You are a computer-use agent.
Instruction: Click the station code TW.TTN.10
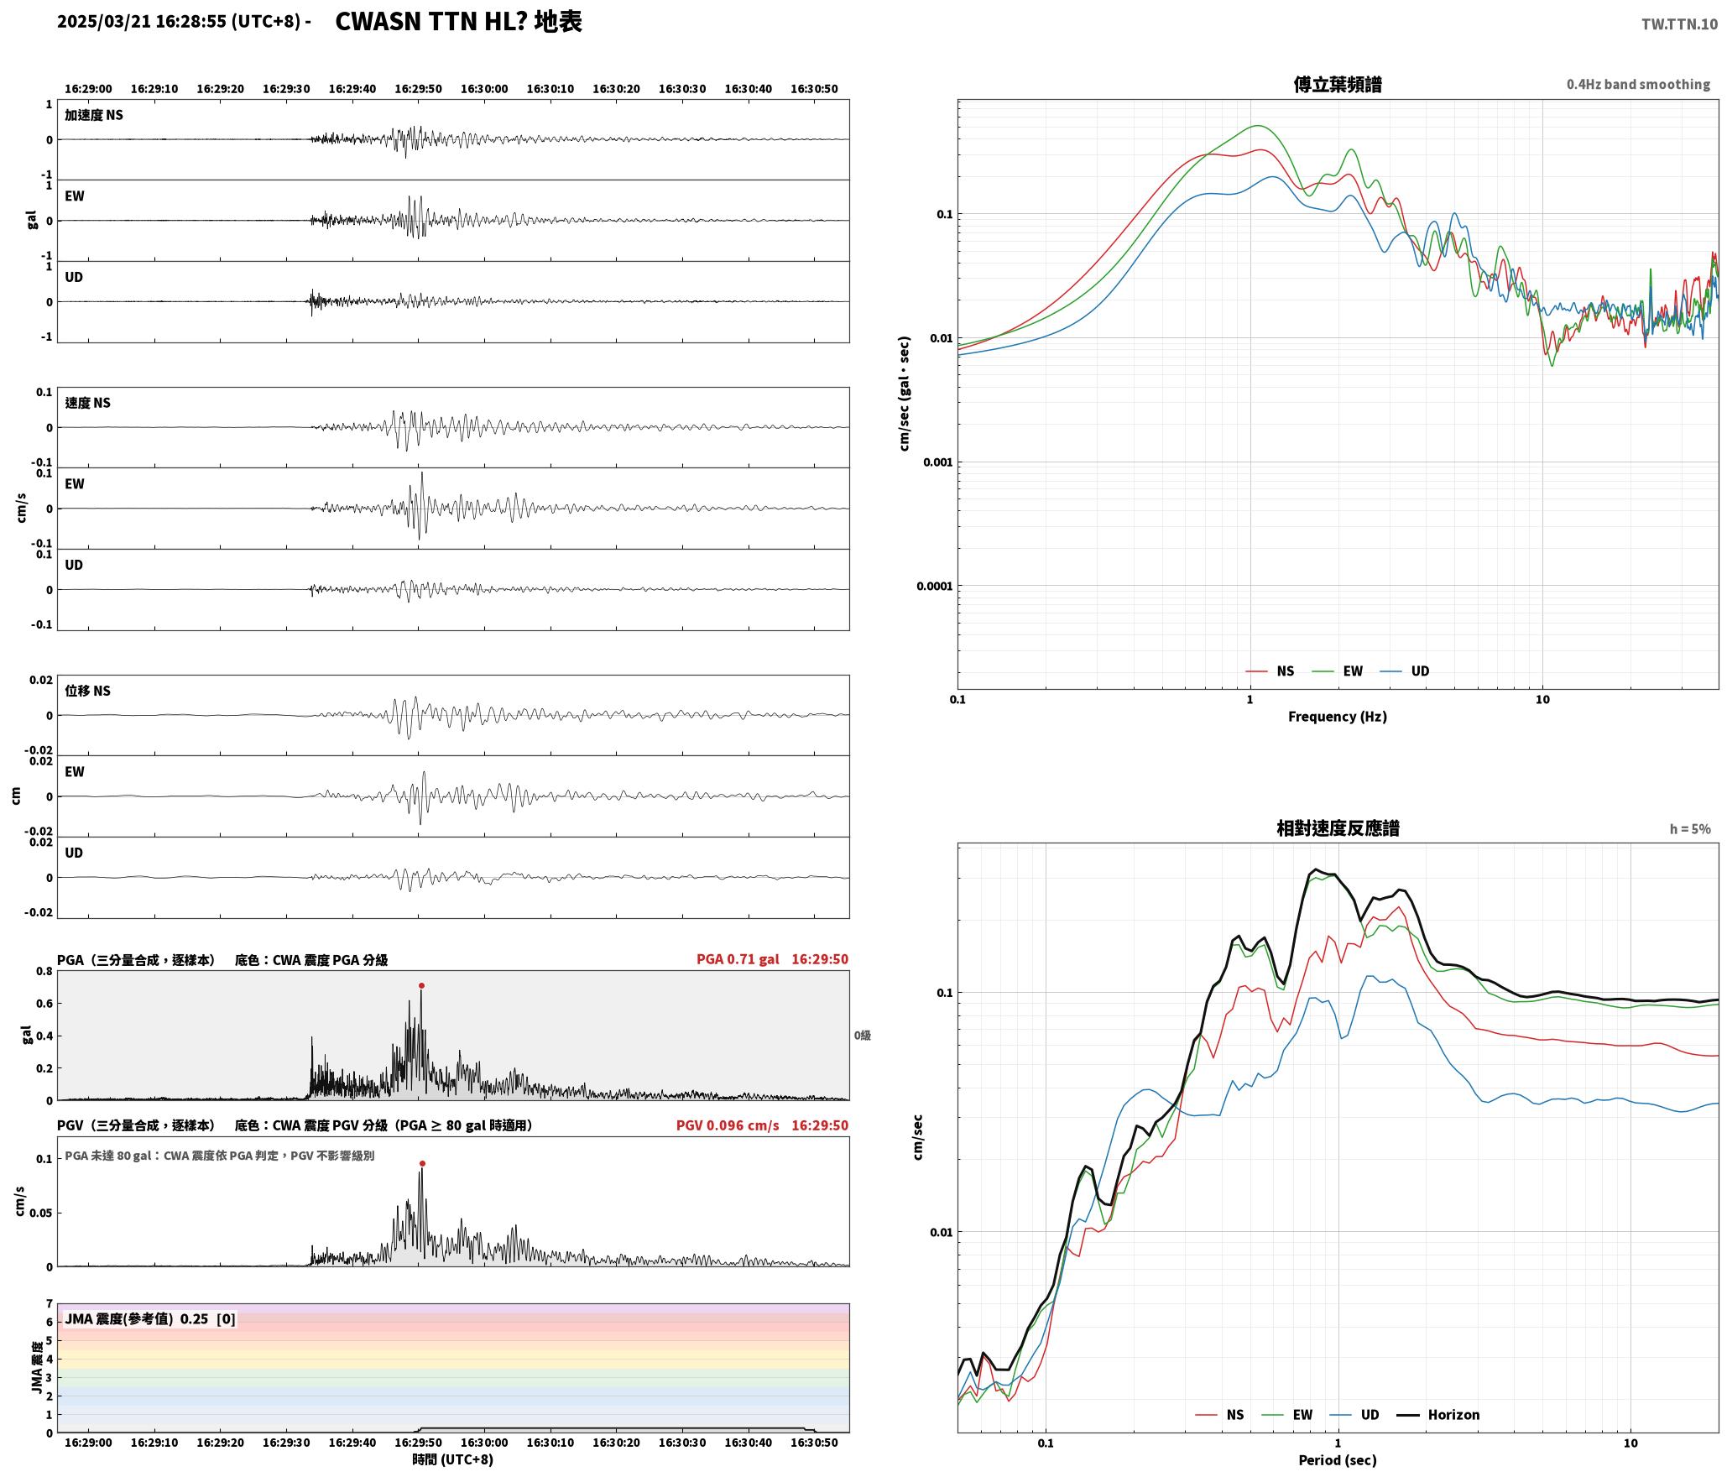tap(1679, 24)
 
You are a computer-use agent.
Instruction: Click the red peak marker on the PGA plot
tap(421, 985)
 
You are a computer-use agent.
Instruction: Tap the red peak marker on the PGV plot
tap(422, 1163)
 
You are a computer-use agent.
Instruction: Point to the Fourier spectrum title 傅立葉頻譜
tap(1338, 84)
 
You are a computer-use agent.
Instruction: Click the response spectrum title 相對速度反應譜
tap(1338, 827)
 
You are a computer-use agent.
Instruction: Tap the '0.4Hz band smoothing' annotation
tap(1638, 84)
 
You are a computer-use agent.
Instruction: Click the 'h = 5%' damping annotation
tap(1690, 829)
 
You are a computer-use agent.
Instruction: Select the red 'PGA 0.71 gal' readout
tap(738, 959)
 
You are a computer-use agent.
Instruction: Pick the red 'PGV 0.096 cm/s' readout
tap(728, 1125)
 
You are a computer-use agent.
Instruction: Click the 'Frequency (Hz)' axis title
tap(1338, 716)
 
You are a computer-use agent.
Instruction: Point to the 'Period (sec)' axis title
tap(1338, 1459)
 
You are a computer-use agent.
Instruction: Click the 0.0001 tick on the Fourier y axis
tap(935, 586)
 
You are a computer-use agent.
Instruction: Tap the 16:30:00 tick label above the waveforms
tap(484, 88)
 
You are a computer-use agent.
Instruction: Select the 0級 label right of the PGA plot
tap(863, 1036)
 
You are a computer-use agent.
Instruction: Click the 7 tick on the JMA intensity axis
tap(49, 1303)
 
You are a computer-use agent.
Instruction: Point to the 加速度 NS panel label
tap(94, 115)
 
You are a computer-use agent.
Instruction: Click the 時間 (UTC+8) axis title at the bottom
tap(453, 1459)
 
